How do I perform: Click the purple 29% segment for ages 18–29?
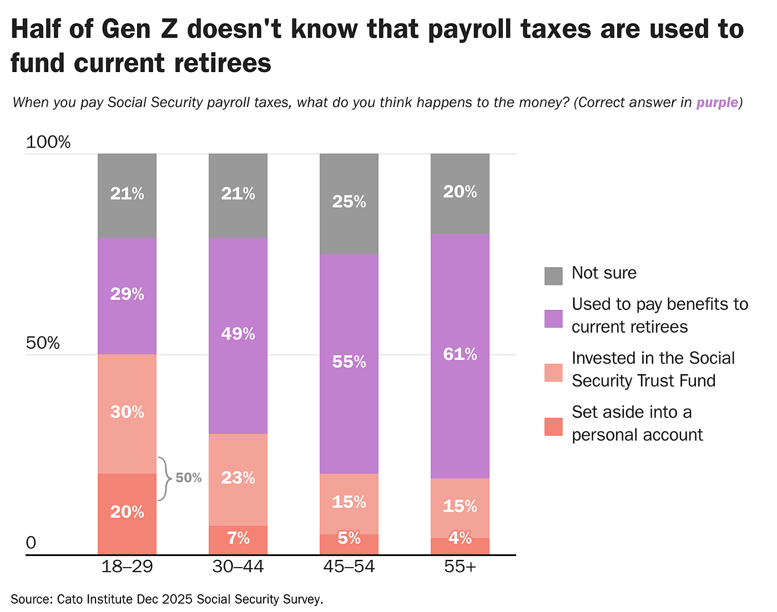[x=127, y=295]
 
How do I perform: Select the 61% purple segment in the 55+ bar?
[x=460, y=355]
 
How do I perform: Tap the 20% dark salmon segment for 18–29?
[x=127, y=513]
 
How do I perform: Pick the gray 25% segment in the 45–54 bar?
[x=349, y=203]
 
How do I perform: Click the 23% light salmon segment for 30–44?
[x=238, y=479]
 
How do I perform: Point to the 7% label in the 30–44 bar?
[x=238, y=538]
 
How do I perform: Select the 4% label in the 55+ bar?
[x=460, y=538]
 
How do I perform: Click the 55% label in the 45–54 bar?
[x=349, y=362]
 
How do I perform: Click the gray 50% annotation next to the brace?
[x=189, y=478]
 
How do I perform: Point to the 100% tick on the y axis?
[x=48, y=142]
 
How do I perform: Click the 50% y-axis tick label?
[x=43, y=343]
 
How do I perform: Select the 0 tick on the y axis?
[x=31, y=543]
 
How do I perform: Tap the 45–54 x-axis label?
[x=349, y=567]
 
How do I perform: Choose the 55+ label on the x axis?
[x=460, y=567]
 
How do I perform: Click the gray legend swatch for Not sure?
[x=553, y=276]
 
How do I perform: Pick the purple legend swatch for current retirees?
[x=553, y=318]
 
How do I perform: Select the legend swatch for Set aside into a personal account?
[x=553, y=426]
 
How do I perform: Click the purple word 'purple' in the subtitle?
[x=717, y=103]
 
